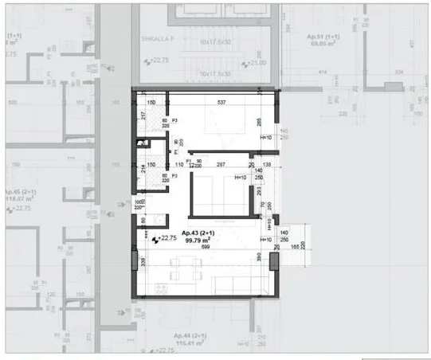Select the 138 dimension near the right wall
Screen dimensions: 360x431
[268, 164]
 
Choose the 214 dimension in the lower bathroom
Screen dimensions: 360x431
[143, 169]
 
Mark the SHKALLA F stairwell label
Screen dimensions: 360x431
[158, 36]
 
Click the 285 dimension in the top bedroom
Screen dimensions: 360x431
[259, 123]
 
